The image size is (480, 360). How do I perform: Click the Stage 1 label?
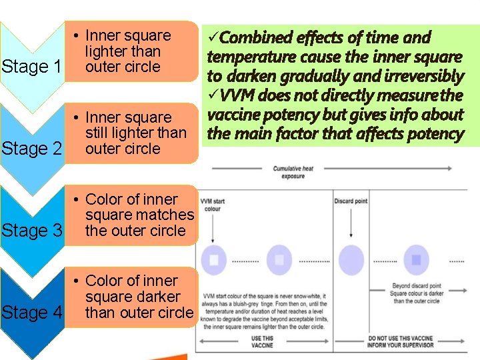32,67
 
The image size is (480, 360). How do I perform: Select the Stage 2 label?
32,149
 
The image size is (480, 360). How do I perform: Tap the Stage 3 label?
32,231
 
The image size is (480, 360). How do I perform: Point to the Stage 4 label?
32,313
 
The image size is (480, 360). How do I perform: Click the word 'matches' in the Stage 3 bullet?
165,215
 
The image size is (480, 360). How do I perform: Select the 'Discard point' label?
351,201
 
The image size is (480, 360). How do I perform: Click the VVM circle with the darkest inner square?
416,259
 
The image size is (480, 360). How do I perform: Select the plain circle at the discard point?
351,259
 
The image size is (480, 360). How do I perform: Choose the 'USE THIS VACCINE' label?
263,341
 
